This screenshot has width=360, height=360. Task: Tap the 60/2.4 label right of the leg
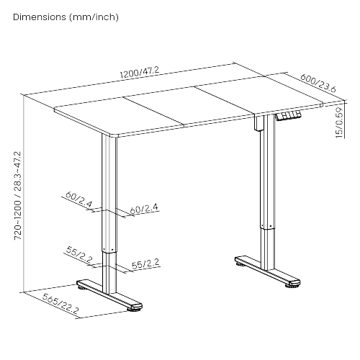[144, 209]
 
